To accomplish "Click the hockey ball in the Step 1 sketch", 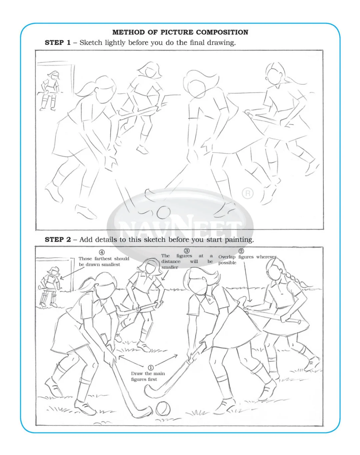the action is tap(164, 212).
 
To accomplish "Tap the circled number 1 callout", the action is tap(151, 367).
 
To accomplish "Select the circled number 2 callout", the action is tap(241, 251).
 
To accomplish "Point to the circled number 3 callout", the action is tap(187, 251).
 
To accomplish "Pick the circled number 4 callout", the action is tap(102, 252).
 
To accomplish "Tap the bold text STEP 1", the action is tap(58, 42).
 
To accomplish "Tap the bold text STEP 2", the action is tap(58, 240).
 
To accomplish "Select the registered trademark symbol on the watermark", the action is tap(247, 193).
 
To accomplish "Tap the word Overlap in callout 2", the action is tap(227, 257).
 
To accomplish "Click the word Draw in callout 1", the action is tap(137, 373).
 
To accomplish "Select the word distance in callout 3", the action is tap(171, 262).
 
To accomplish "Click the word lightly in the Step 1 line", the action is tap(116, 43).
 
